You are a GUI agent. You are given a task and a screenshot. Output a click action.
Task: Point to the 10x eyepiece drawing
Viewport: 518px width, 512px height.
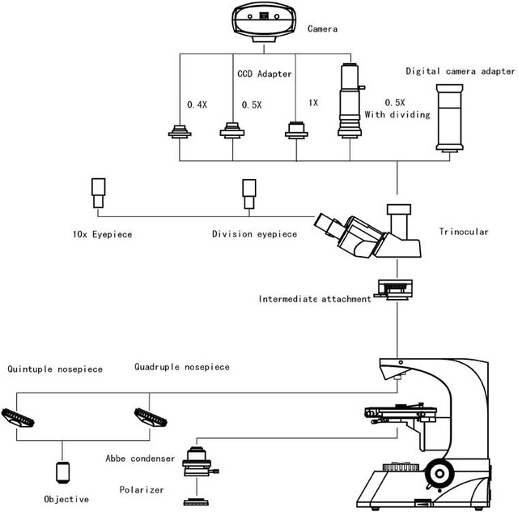[x=100, y=194]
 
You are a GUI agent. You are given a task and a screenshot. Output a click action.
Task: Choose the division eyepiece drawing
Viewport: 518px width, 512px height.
[x=248, y=194]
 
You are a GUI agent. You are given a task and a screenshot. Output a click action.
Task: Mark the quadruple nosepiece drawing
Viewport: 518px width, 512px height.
[x=151, y=418]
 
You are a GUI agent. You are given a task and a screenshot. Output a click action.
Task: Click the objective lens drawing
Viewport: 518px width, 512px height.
[x=62, y=471]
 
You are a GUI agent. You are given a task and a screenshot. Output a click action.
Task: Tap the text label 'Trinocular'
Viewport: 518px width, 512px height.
[x=464, y=232]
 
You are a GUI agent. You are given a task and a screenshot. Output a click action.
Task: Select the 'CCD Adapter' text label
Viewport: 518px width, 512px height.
[x=264, y=74]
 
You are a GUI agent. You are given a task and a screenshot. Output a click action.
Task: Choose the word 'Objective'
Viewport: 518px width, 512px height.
[x=66, y=499]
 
